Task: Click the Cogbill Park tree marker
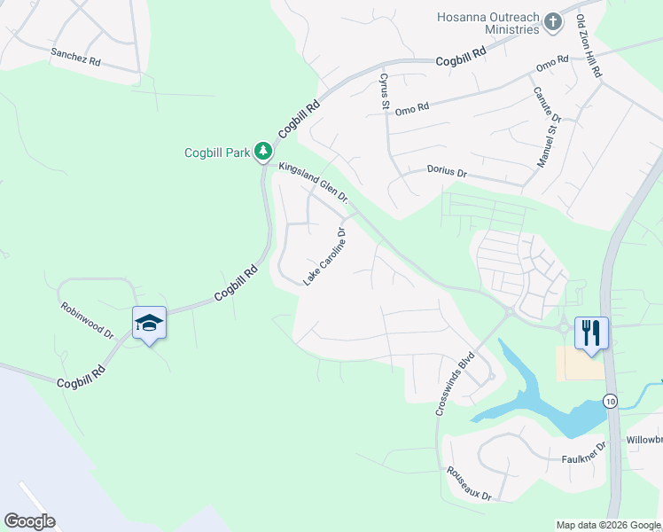click(x=262, y=153)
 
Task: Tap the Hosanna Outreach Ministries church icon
click(x=553, y=22)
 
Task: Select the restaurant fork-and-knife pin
click(x=591, y=333)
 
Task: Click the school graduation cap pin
click(x=149, y=324)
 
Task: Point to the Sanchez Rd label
click(x=75, y=54)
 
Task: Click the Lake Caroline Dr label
click(x=324, y=256)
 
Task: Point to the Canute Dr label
click(x=546, y=104)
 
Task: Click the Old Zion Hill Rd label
click(x=589, y=46)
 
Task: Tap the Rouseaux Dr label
click(x=469, y=484)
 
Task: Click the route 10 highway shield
click(x=611, y=401)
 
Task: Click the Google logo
click(x=29, y=520)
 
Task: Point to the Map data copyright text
click(x=607, y=525)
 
